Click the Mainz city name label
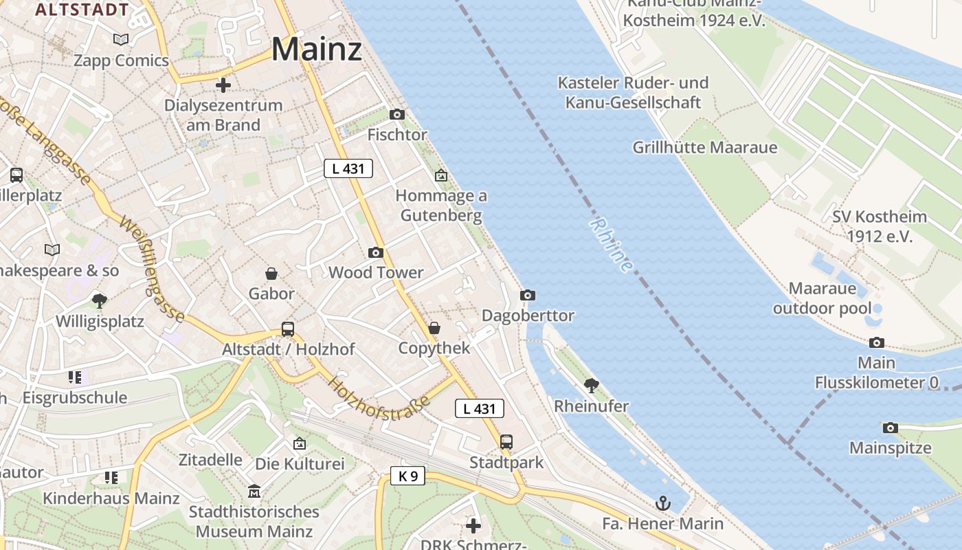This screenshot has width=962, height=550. tap(316, 49)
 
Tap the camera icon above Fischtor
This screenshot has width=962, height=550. tap(397, 114)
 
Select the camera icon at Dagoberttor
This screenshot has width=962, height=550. tap(527, 295)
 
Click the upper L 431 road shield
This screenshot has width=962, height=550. tap(348, 168)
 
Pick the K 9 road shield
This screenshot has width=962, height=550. tap(408, 476)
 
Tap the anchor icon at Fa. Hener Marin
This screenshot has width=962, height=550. tap(662, 503)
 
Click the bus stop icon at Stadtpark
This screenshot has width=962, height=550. tap(506, 442)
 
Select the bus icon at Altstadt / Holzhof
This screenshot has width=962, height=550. tap(288, 329)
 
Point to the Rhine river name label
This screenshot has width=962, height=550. tap(611, 245)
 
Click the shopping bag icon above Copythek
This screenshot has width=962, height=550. tap(434, 328)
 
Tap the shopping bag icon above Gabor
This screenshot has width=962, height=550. tap(271, 274)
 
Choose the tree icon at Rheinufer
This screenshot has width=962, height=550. tap(591, 385)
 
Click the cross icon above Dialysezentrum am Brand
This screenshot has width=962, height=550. tap(223, 85)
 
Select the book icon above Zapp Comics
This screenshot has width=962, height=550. tap(121, 40)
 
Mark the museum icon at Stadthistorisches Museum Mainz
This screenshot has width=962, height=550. tap(254, 492)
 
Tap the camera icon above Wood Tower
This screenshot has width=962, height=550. tap(375, 252)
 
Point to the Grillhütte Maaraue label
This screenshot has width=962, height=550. tap(705, 147)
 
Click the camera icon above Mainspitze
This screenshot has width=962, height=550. tap(890, 428)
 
